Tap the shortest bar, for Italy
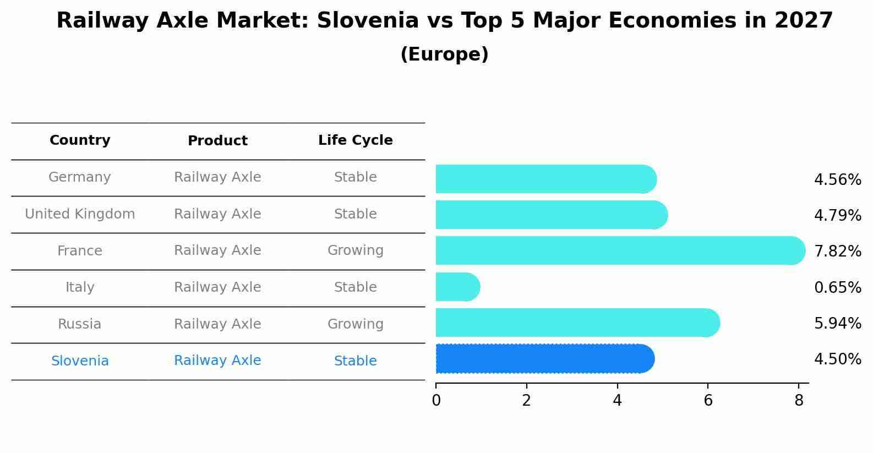(457, 287)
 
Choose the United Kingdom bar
(550, 215)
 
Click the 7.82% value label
(837, 252)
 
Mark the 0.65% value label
(837, 287)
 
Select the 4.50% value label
(837, 359)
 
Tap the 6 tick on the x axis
(708, 401)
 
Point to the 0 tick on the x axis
(436, 401)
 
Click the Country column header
(80, 140)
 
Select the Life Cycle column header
(355, 140)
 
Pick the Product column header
(217, 141)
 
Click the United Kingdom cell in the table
(80, 214)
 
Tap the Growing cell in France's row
(355, 250)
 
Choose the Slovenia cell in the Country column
(80, 361)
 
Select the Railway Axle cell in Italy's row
(217, 287)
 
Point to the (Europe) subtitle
(444, 54)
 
